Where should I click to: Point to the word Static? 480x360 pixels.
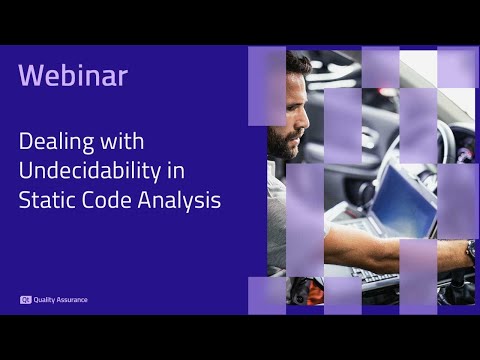(x=45, y=199)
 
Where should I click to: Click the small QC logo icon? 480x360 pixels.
(x=25, y=299)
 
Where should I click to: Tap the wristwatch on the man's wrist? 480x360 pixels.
(x=470, y=249)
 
